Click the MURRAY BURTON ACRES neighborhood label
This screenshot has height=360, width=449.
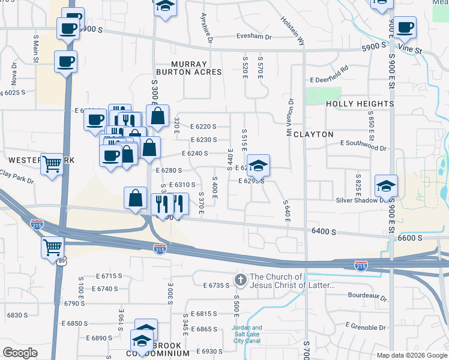(188, 68)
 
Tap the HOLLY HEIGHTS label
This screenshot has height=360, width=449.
(360, 104)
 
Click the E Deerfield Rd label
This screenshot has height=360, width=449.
(329, 79)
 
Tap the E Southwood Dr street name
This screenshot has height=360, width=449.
(364, 145)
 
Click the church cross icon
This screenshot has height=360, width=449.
(240, 280)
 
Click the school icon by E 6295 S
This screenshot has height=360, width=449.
(258, 165)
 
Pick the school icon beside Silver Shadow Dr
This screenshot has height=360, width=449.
(387, 185)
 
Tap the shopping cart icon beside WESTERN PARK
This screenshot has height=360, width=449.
(52, 163)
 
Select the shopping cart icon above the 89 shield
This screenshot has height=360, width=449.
(53, 246)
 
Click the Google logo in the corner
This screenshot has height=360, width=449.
(20, 353)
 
